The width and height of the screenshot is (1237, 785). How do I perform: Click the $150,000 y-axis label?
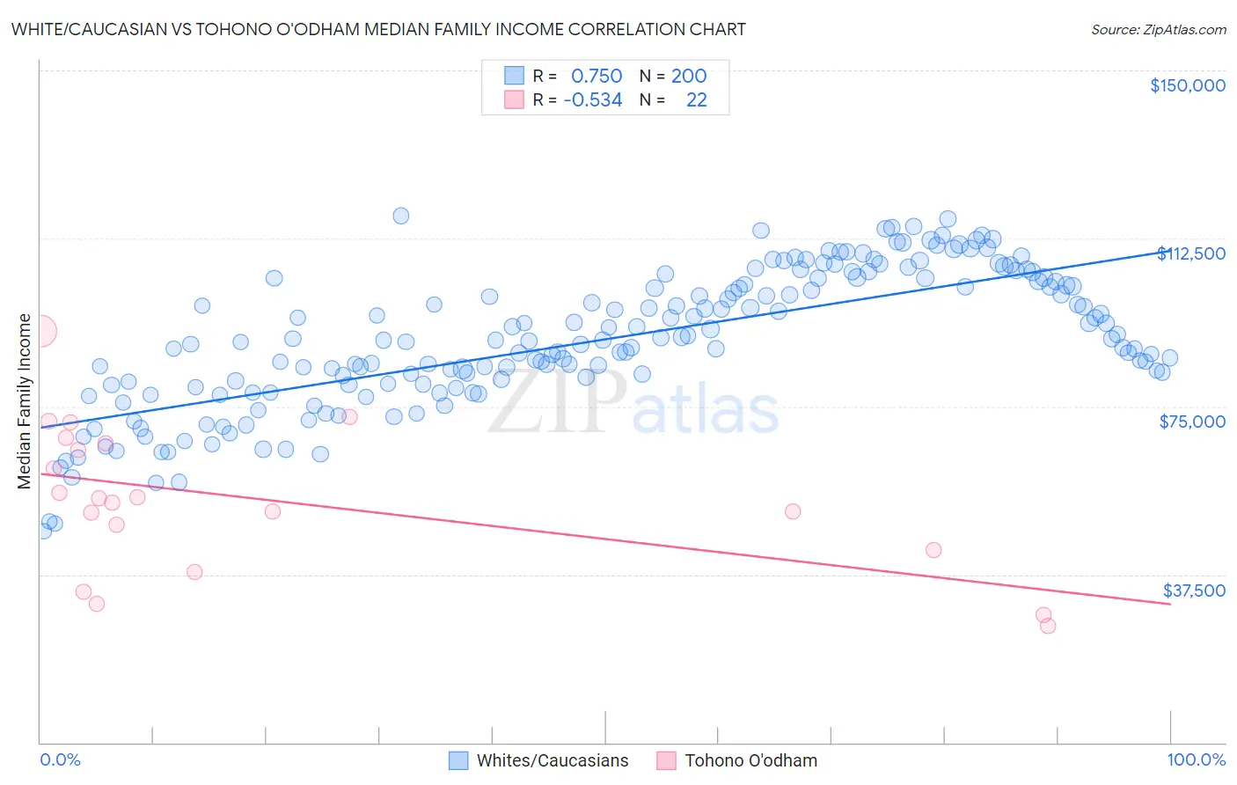tap(1187, 85)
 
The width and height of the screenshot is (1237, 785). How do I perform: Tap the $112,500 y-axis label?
tap(1191, 253)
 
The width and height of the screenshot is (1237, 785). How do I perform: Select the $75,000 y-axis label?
tap(1192, 422)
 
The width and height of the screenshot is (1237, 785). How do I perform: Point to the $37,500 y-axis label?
tap(1194, 591)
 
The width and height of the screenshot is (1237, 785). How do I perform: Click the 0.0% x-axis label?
tap(60, 759)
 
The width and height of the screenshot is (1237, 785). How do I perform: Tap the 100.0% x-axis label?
tap(1196, 759)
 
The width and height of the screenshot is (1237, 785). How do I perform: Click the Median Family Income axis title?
tap(25, 401)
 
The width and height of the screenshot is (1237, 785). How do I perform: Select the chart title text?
tap(378, 29)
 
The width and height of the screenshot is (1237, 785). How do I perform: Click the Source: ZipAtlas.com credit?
tap(1158, 29)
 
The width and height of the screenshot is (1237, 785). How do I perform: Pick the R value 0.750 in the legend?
tap(597, 76)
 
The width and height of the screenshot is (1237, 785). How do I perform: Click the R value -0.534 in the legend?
tap(593, 99)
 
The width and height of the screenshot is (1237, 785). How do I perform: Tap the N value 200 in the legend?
tap(689, 76)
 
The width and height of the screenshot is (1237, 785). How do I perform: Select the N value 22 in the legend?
tap(696, 99)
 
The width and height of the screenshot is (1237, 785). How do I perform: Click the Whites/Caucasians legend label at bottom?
tap(553, 760)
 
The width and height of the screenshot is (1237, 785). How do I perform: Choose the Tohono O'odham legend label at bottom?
tap(750, 760)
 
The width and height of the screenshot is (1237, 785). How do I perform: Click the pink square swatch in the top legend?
tap(514, 99)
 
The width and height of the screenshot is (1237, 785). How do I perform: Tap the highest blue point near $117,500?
tap(400, 216)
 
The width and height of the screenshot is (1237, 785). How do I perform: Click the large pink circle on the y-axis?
tap(40, 331)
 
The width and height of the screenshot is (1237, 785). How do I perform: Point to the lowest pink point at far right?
tap(1048, 626)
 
